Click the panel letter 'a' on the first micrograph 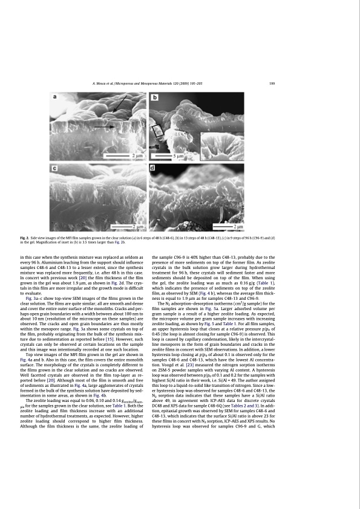(x=56, y=96)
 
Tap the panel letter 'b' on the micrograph (x=155, y=97)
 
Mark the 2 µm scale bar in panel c (x=127, y=226)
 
